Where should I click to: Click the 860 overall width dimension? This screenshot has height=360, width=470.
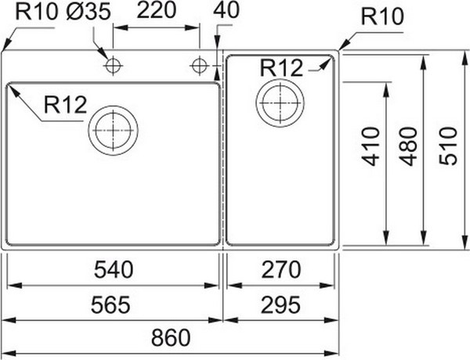(171, 337)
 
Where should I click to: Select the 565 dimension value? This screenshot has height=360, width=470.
(110, 304)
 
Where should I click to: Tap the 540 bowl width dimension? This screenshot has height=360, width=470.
(114, 269)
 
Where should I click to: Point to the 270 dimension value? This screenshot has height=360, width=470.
(280, 269)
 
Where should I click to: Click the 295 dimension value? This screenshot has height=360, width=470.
(280, 304)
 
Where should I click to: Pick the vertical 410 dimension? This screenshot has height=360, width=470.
(371, 146)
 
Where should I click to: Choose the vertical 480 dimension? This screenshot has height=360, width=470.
(408, 146)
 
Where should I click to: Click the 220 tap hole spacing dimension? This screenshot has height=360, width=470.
(156, 10)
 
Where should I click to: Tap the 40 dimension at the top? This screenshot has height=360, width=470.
(226, 10)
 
